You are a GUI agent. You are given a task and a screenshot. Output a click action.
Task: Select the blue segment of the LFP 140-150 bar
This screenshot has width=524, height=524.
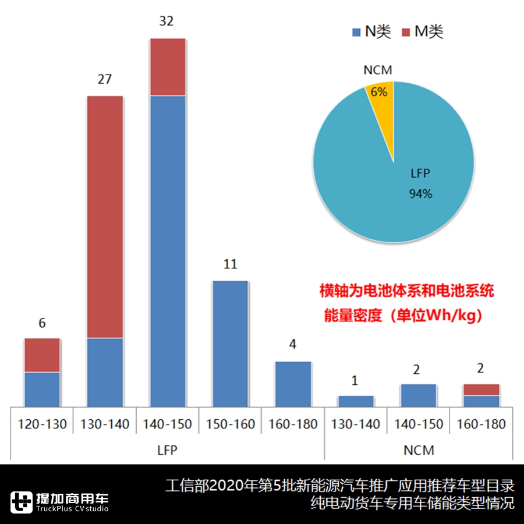coord(168,250)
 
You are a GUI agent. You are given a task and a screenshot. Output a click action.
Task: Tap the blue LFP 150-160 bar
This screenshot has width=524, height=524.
coord(231,344)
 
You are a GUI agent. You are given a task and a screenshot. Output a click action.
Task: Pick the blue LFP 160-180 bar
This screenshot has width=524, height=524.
coord(293,384)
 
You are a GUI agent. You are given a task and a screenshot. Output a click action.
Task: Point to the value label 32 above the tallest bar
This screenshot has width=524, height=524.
coord(167,22)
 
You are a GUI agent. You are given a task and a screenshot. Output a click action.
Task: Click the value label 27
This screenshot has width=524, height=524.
coord(105,79)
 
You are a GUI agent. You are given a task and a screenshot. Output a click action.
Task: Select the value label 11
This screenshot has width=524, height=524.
coord(231,264)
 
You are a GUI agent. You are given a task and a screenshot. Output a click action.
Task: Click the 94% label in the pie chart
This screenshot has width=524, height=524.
coord(420,194)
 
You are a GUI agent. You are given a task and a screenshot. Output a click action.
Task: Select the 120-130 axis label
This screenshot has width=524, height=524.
coord(43,424)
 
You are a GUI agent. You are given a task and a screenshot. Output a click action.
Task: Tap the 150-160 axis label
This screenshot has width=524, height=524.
coord(231,424)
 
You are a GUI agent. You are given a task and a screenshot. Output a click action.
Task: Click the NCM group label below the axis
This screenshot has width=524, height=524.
coord(419,450)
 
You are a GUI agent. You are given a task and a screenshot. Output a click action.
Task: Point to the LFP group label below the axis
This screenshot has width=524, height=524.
coord(168,450)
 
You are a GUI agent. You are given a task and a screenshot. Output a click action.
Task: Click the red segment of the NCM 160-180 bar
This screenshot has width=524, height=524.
coord(481,390)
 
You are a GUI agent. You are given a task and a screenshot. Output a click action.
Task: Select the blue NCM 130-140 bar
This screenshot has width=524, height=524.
coord(356,401)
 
